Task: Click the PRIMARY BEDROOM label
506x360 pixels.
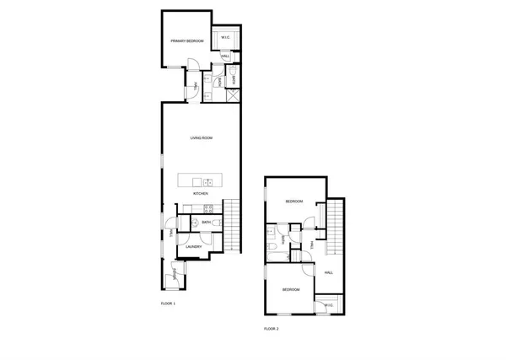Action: click(186, 40)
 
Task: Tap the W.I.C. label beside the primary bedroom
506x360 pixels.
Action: click(225, 39)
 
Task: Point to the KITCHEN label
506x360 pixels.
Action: click(201, 194)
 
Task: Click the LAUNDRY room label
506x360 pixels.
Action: click(194, 247)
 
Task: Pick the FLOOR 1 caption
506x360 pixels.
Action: click(167, 303)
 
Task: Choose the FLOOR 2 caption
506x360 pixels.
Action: click(271, 328)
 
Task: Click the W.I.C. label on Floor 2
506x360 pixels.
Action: click(326, 305)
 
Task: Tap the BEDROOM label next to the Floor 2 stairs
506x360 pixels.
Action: click(293, 201)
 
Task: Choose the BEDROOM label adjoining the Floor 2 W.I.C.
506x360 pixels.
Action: click(290, 289)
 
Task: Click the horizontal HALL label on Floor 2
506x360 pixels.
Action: click(329, 272)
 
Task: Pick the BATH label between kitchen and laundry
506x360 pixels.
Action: click(206, 223)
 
